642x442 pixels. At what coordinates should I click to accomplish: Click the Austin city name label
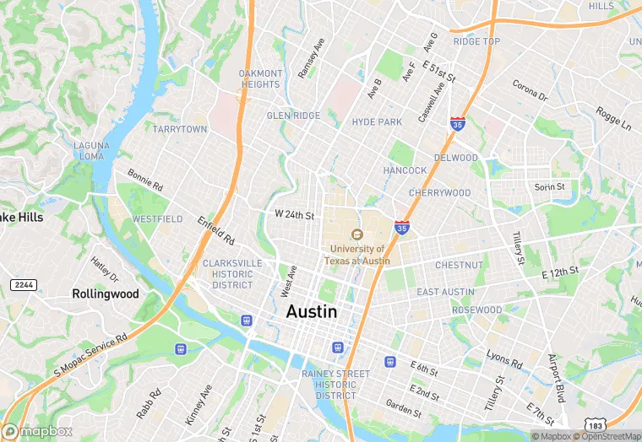tap(312, 311)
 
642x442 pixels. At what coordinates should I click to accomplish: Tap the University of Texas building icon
tap(357, 234)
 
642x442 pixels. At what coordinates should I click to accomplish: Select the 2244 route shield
tap(23, 285)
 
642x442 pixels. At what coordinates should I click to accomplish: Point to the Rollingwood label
tap(105, 294)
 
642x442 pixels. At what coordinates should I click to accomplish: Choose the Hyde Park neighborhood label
tap(377, 122)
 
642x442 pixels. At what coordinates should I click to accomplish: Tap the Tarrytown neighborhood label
tap(179, 129)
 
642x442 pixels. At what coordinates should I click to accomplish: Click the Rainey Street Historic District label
tap(335, 385)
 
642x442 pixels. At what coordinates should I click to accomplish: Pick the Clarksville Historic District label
tap(232, 274)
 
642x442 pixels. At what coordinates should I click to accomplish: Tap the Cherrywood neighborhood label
tap(439, 193)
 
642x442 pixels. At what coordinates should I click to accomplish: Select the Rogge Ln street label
tap(612, 118)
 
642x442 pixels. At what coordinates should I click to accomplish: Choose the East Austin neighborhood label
tap(445, 292)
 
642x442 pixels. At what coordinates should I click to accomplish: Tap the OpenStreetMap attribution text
tap(607, 436)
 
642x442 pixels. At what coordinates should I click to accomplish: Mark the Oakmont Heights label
tap(260, 78)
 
